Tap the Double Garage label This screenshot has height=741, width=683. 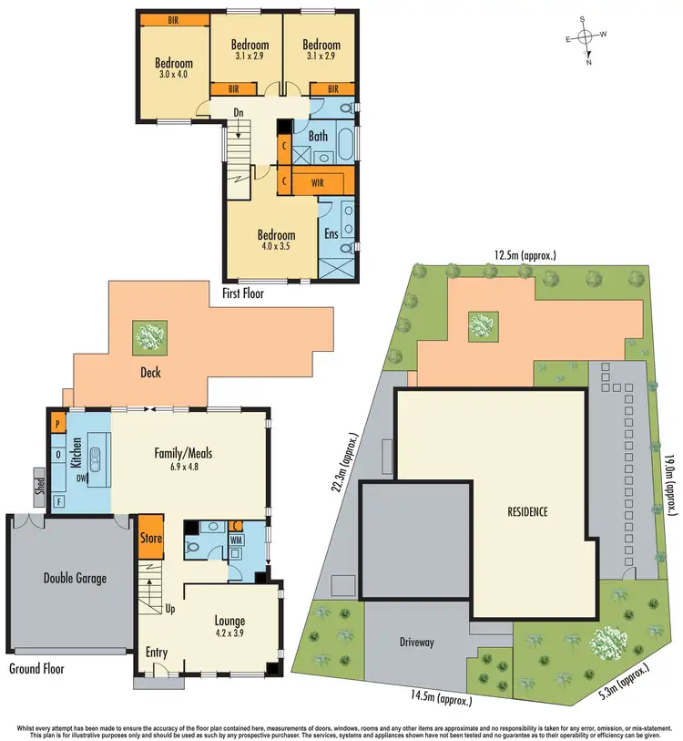click(76, 578)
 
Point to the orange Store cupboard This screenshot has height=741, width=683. click(150, 538)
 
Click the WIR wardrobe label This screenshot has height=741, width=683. click(317, 181)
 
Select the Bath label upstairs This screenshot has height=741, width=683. click(318, 137)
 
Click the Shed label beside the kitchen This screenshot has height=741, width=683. click(39, 480)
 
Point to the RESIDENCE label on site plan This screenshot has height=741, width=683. click(527, 511)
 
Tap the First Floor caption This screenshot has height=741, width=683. click(252, 293)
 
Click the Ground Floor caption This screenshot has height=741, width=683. click(36, 668)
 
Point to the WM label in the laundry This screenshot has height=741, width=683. click(235, 540)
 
